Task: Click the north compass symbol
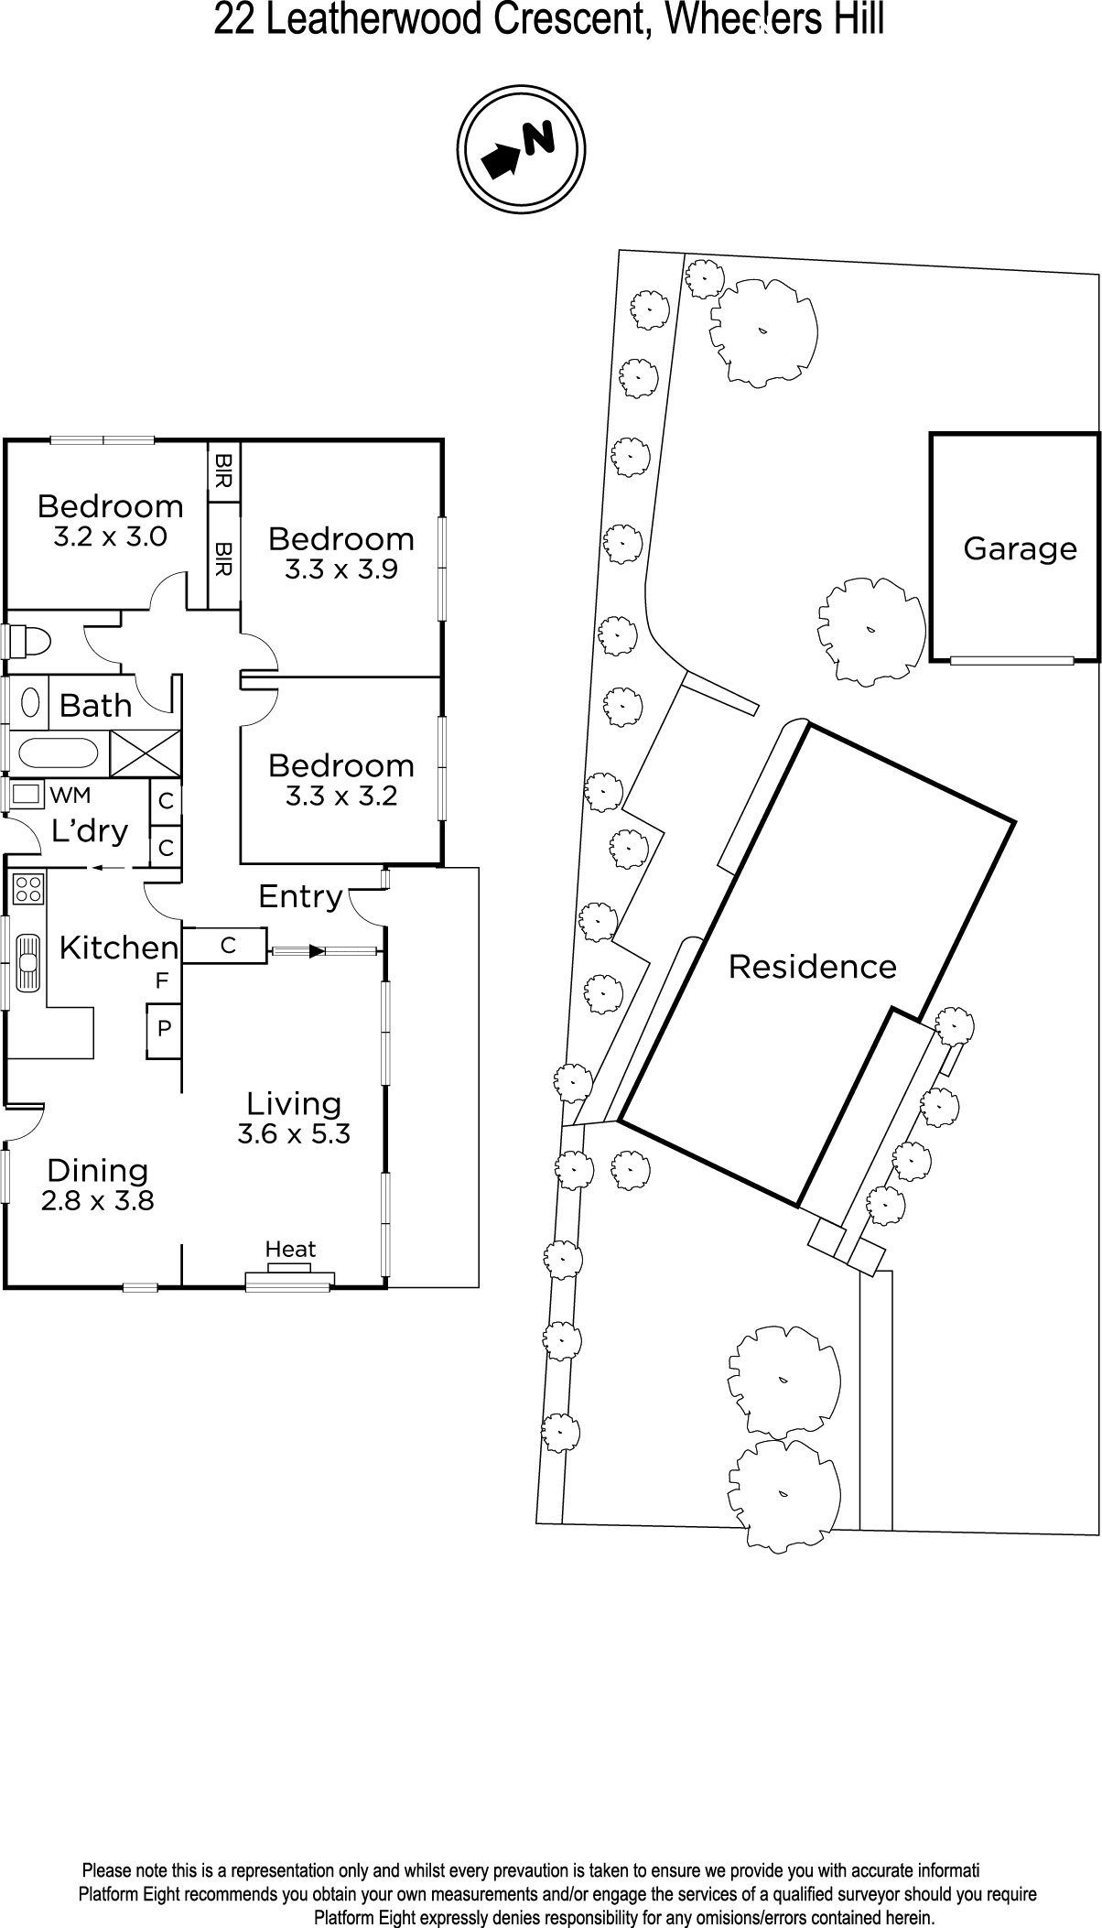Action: point(521,148)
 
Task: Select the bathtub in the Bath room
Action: point(57,753)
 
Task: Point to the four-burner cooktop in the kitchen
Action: point(28,888)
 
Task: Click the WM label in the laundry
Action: point(70,794)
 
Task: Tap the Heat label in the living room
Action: point(290,1249)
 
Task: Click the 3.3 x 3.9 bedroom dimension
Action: point(341,569)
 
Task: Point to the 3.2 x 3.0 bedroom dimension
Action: point(110,536)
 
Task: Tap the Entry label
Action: point(300,896)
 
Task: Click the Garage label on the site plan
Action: point(1020,549)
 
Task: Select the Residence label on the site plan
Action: point(812,967)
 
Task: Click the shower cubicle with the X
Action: point(146,753)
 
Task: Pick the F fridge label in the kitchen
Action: point(162,981)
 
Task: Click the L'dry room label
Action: point(90,831)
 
